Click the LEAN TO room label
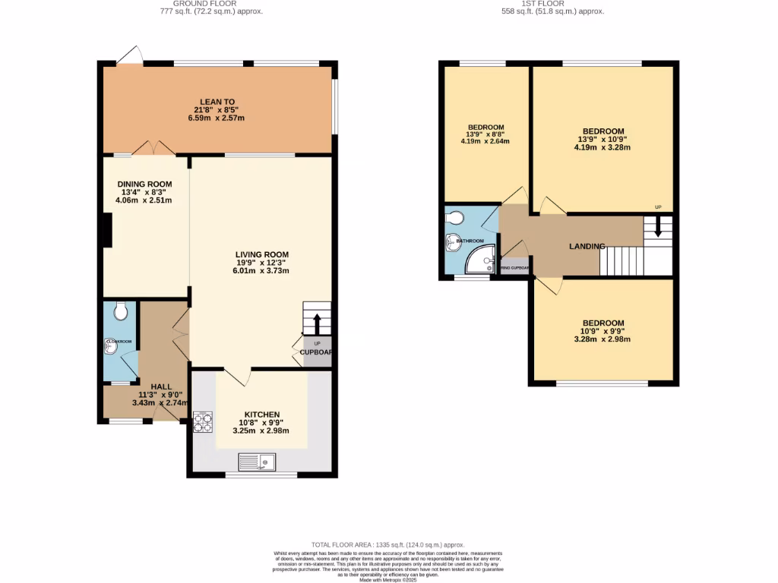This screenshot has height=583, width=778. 217,101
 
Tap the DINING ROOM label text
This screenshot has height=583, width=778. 144,184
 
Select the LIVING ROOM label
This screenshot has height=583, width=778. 261,254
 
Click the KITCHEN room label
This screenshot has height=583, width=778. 261,414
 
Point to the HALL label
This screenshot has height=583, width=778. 160,386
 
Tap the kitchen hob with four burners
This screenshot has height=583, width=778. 203,421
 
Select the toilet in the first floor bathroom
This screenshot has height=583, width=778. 455,219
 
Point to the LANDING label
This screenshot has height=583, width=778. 587,246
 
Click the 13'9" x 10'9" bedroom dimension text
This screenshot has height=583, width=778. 603,140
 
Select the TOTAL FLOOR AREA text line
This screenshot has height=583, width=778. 387,545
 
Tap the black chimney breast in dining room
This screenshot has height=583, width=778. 108,231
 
